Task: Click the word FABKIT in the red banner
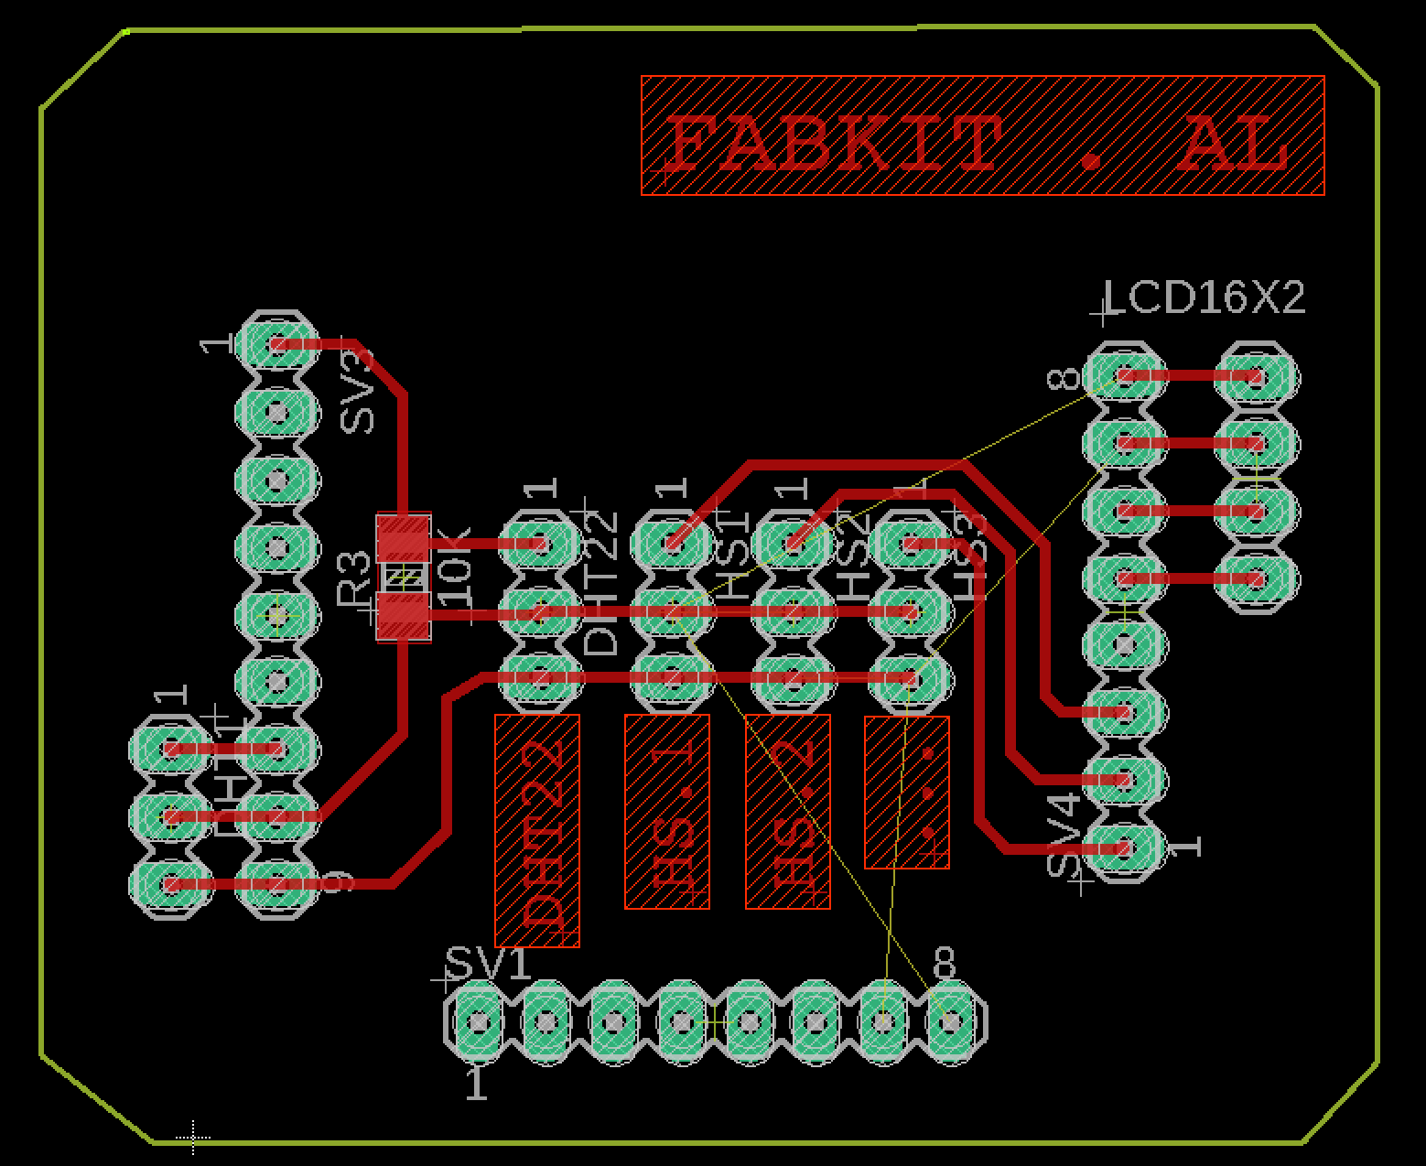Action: pos(833,146)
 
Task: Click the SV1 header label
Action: pos(488,964)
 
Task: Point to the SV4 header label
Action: pos(1064,836)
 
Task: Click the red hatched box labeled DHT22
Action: pos(537,829)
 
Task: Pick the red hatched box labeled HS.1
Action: pos(667,811)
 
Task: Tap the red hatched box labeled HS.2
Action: pos(788,811)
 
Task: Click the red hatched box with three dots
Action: pos(907,792)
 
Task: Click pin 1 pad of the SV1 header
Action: pos(478,1020)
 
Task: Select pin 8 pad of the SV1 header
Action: pos(951,1020)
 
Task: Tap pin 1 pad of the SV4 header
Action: pos(1124,848)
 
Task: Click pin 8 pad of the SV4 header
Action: pos(1124,375)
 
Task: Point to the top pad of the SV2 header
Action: pos(276,345)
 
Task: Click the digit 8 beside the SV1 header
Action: pos(945,964)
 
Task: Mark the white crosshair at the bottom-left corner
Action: pos(193,1138)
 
